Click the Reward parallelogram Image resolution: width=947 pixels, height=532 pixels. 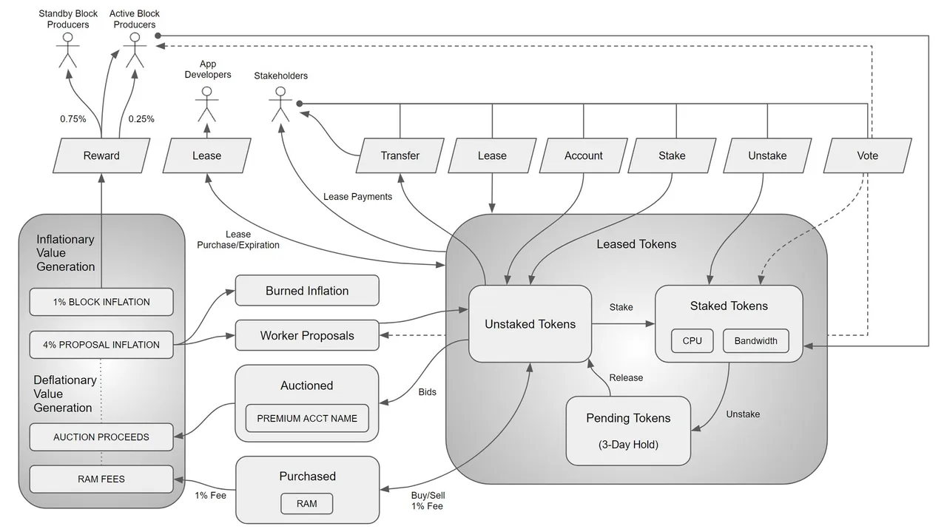coord(101,155)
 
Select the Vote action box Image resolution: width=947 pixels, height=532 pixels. coord(868,155)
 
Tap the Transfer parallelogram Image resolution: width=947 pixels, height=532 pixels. coord(400,155)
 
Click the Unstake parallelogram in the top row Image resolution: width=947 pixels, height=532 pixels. coord(767,155)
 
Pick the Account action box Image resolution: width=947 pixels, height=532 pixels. coord(584,155)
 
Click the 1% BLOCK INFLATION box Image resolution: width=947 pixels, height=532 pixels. coord(101,302)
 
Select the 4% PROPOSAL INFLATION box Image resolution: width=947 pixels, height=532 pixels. coord(101,345)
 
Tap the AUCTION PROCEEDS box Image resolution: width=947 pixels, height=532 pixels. coord(101,437)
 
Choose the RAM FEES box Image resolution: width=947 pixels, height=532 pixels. coord(101,479)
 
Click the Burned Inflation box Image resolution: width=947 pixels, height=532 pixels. coord(307,291)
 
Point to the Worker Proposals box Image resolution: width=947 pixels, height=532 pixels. coord(307,335)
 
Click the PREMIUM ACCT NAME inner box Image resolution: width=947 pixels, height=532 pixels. coord(307,418)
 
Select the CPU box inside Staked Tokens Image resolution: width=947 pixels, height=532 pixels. coord(692,341)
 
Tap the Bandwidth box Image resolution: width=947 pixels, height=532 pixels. coord(756,341)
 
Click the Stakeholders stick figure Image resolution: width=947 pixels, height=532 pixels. coord(280,104)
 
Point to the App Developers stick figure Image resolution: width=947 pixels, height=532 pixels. coord(206,104)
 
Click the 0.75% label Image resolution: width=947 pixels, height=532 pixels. coord(73,119)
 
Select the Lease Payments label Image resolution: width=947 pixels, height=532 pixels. coord(357,197)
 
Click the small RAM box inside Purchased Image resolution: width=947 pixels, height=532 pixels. coord(307,504)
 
